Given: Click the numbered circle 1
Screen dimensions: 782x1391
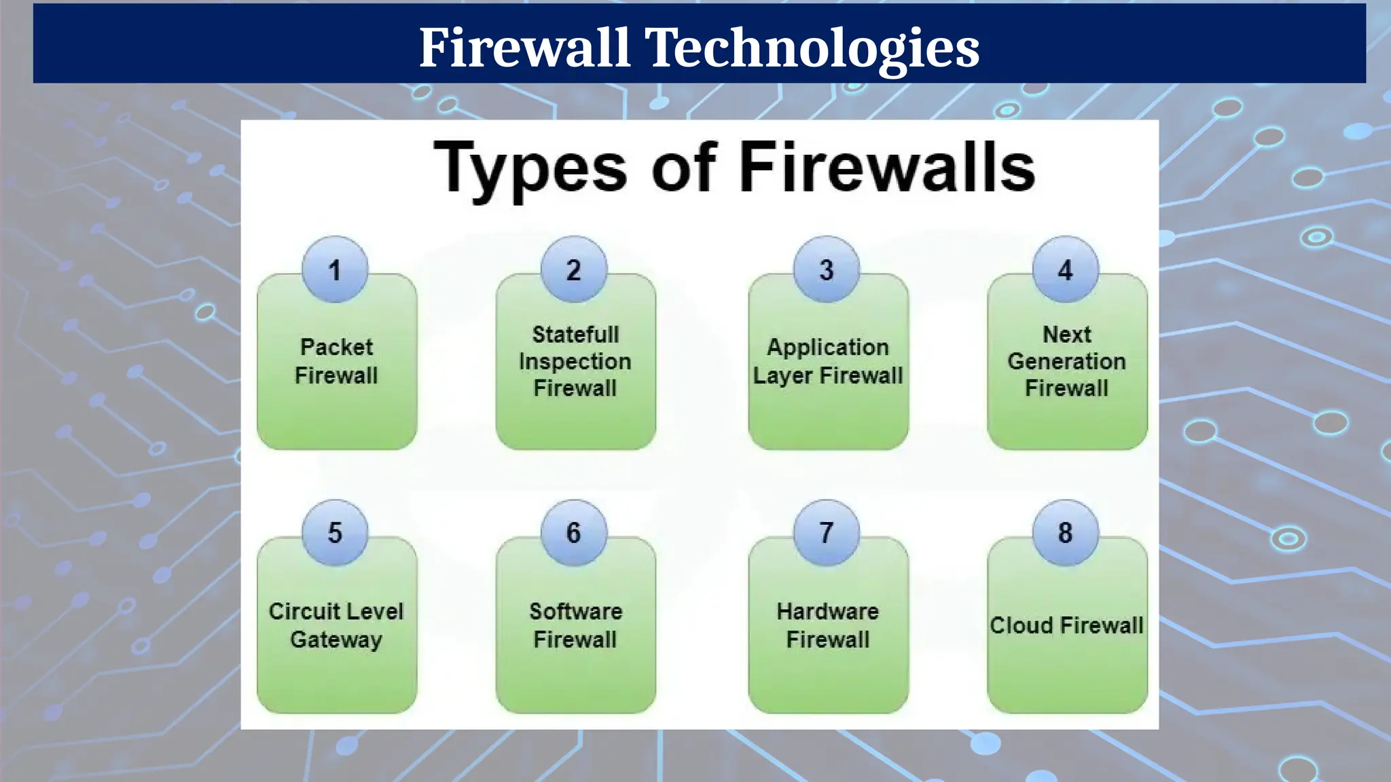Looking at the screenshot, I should coord(335,269).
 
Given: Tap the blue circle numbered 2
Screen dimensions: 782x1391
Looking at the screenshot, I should coord(574,269).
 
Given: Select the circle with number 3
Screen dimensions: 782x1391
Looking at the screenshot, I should coord(827,269).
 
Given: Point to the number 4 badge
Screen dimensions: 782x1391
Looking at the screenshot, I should coord(1066,269).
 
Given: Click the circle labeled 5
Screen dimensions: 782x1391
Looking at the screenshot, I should coord(335,533).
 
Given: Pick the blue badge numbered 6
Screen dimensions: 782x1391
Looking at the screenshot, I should coord(574,533).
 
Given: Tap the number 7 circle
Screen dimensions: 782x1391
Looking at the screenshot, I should coord(827,533).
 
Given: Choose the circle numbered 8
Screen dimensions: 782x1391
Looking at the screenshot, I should coord(1066,533).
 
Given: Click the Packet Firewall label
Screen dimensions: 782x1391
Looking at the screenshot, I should coord(336,361).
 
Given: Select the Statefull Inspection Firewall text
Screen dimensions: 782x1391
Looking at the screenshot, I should coord(575,361).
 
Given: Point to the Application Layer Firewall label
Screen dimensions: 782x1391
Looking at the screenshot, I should coord(828,361).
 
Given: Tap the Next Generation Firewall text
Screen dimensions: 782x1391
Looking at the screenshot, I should coord(1067,361).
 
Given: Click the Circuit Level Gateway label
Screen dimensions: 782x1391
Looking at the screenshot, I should coord(336,625).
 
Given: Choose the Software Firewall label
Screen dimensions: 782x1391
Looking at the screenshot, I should coord(575,625).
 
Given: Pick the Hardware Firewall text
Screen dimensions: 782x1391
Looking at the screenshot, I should coord(828,625).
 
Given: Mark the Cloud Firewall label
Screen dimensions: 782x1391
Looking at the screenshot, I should coord(1067,625).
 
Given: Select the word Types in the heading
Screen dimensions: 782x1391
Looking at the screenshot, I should coord(530,168).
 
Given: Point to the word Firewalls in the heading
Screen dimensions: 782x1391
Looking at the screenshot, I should coord(887,168).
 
